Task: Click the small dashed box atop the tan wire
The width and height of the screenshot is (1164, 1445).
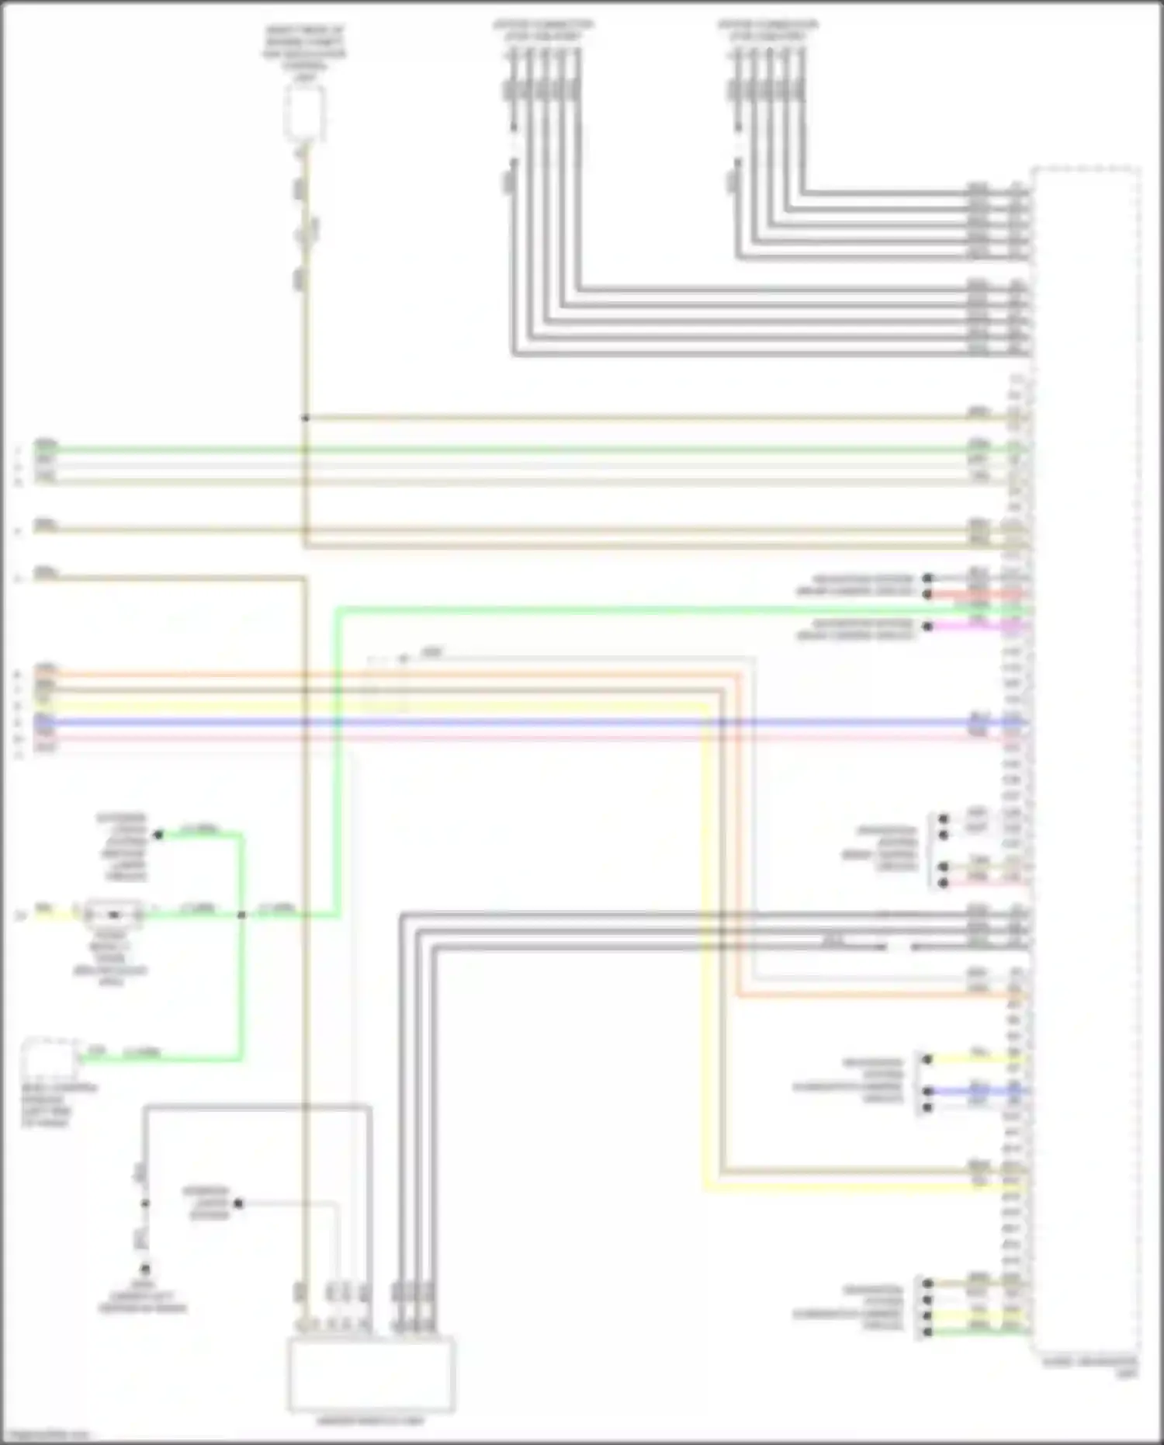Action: [x=304, y=113]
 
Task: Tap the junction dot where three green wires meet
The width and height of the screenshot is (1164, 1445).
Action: [x=241, y=915]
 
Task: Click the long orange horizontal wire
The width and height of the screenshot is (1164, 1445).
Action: [x=388, y=675]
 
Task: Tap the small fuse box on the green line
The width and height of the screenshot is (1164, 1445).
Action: [x=114, y=915]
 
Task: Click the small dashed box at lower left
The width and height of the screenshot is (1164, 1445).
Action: [x=48, y=1058]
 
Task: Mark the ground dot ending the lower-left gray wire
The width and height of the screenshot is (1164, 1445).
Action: [x=144, y=1269]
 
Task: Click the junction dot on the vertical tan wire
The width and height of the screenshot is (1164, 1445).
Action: [x=305, y=419]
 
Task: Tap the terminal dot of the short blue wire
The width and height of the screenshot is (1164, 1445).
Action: [x=928, y=1091]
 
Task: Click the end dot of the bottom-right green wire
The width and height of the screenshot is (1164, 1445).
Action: [x=927, y=1332]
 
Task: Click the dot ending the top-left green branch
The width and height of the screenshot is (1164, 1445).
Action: [x=158, y=835]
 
